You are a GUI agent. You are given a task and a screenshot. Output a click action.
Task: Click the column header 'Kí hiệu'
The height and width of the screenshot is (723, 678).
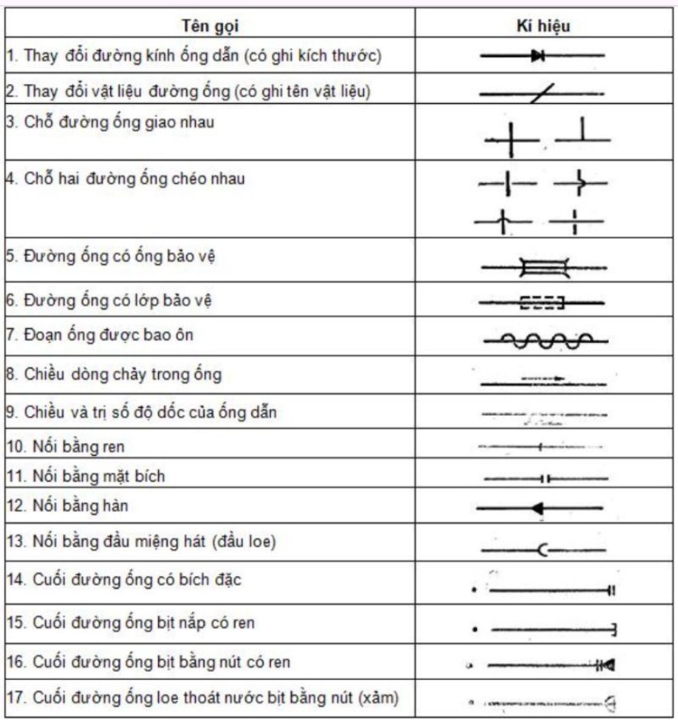click(542, 26)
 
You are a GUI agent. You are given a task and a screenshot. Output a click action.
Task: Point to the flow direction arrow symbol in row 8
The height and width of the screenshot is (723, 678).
click(544, 380)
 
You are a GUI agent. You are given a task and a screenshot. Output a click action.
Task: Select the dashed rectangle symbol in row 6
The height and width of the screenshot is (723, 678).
click(541, 303)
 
